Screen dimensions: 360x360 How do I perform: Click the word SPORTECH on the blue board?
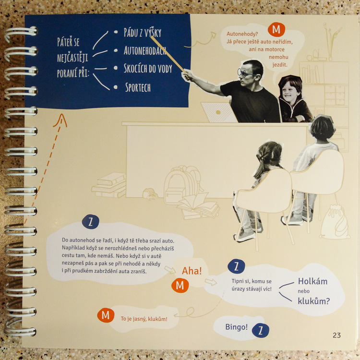coord(138,87)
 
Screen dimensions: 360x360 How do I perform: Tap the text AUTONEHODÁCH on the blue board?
coord(145,50)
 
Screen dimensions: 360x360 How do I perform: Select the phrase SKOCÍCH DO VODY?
coord(148,68)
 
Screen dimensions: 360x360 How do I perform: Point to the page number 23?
coord(336,335)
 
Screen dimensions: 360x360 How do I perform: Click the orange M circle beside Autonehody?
coord(276,29)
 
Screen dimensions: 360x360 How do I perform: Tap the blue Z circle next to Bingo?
coord(260,330)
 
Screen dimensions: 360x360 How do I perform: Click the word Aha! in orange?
coord(192,271)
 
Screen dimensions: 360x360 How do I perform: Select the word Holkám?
coord(312,281)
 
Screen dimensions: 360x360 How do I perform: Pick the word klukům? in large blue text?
coord(313,301)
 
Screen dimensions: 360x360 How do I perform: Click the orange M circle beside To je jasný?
coord(106,315)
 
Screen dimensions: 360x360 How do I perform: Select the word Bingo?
coord(237,327)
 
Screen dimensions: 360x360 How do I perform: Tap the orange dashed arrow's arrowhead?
coord(60,120)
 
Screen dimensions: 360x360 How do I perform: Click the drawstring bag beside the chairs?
coord(334,222)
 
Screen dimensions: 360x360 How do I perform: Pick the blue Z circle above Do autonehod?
coord(90,222)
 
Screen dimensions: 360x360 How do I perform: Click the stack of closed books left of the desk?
coord(109,185)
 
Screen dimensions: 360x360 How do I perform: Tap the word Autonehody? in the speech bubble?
coord(242,34)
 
